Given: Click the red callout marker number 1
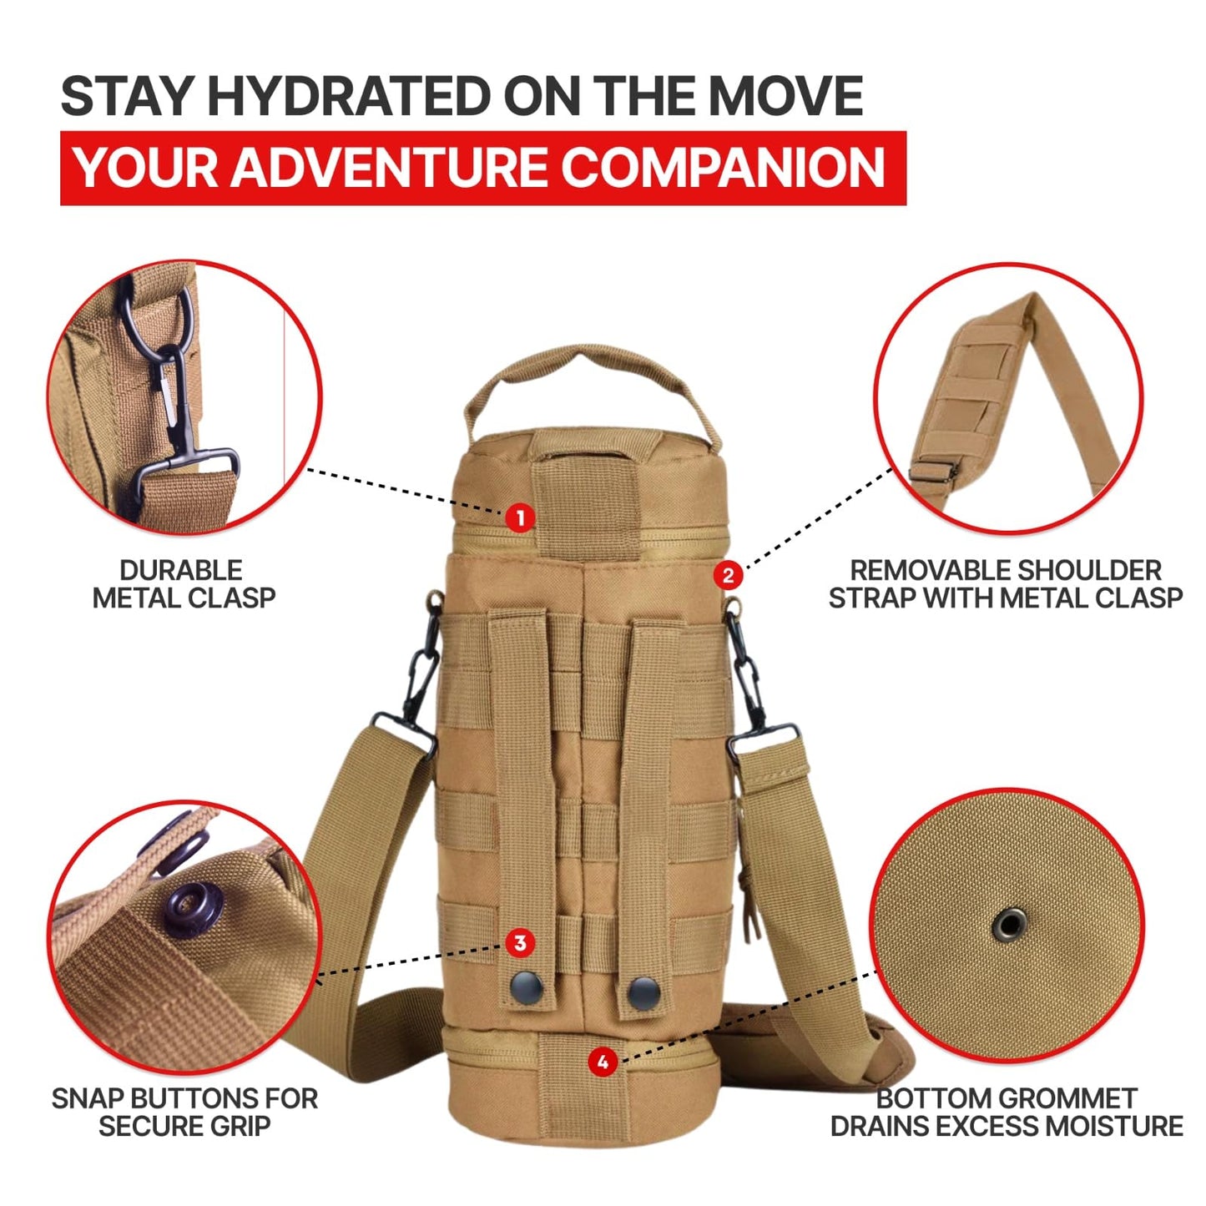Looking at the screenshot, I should click(520, 517).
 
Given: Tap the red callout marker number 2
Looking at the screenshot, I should click(728, 575).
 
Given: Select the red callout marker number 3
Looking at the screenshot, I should click(520, 943).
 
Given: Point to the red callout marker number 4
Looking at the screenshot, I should click(603, 1062).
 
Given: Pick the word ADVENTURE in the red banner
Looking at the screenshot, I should click(388, 168).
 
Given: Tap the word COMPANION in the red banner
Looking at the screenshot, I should click(722, 168).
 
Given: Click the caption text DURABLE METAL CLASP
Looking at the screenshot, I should click(183, 584).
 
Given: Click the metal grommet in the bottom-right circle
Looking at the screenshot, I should click(1008, 925).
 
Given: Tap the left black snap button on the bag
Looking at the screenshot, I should click(527, 990).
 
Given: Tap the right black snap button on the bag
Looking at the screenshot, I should click(643, 992).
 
